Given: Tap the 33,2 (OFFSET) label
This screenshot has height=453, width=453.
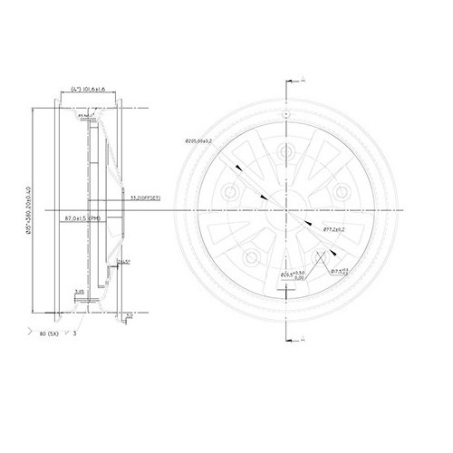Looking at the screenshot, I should click(x=145, y=197).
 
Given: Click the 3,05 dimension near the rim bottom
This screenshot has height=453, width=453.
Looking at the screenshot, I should click(x=79, y=292).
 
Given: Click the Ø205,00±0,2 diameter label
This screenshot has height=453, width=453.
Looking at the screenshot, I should click(x=198, y=141).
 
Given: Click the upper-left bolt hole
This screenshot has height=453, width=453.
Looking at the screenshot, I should click(x=232, y=192).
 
